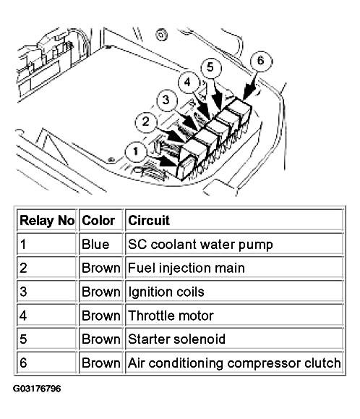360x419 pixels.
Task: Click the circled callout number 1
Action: pyautogui.click(x=136, y=151)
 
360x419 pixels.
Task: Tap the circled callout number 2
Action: pyautogui.click(x=146, y=122)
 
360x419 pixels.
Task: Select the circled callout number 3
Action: pyautogui.click(x=167, y=100)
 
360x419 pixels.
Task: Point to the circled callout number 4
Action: pyautogui.click(x=189, y=82)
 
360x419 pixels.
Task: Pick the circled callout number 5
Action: pyautogui.click(x=210, y=67)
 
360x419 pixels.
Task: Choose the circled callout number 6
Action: pyautogui.click(x=261, y=62)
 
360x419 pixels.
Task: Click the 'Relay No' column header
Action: pyautogui.click(x=47, y=221)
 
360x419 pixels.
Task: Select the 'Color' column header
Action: pyautogui.click(x=98, y=221)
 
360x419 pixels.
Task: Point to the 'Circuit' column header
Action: pyautogui.click(x=149, y=221)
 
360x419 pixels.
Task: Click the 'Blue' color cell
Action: pyautogui.click(x=95, y=245)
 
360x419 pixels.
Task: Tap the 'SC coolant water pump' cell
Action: pyautogui.click(x=200, y=245)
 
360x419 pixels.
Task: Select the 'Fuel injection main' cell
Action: pyautogui.click(x=186, y=268)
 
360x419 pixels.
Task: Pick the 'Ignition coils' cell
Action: pyautogui.click(x=166, y=292)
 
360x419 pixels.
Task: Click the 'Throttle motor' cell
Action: pyautogui.click(x=171, y=316)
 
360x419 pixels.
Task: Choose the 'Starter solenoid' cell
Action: pyautogui.click(x=176, y=339)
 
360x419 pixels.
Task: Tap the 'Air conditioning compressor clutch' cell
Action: pyautogui.click(x=234, y=363)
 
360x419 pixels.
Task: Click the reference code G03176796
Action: pyautogui.click(x=37, y=389)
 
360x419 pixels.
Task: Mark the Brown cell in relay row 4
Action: pyautogui.click(x=101, y=316)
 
